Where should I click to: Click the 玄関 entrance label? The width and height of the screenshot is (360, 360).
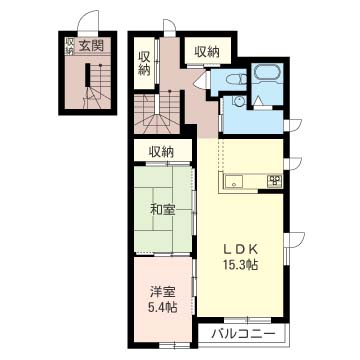pyautogui.click(x=92, y=44)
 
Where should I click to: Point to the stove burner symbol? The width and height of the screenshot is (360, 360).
pyautogui.click(x=273, y=180)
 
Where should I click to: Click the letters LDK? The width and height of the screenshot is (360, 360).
pyautogui.click(x=240, y=250)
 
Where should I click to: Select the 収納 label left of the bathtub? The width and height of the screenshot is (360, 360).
pyautogui.click(x=206, y=51)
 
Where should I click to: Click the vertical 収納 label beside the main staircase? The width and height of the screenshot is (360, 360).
pyautogui.click(x=146, y=61)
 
